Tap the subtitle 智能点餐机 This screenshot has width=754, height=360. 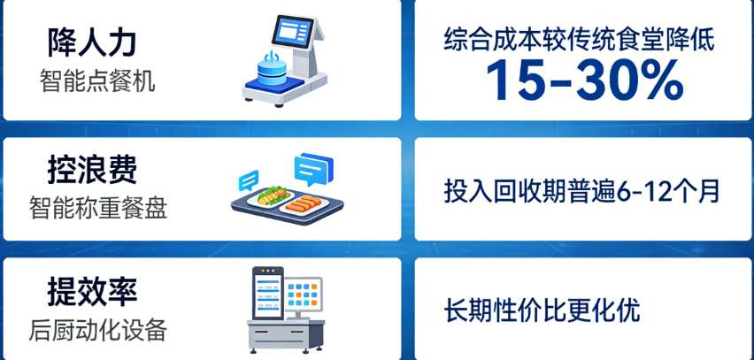(x=97, y=82)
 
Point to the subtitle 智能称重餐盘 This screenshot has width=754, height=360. (x=97, y=209)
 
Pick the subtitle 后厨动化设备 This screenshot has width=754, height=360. (x=97, y=331)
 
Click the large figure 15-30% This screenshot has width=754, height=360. (x=584, y=81)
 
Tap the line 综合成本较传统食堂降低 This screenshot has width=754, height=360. (x=579, y=40)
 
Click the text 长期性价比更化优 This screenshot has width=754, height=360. (x=541, y=311)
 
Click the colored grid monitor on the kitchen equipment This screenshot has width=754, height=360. (x=304, y=297)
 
